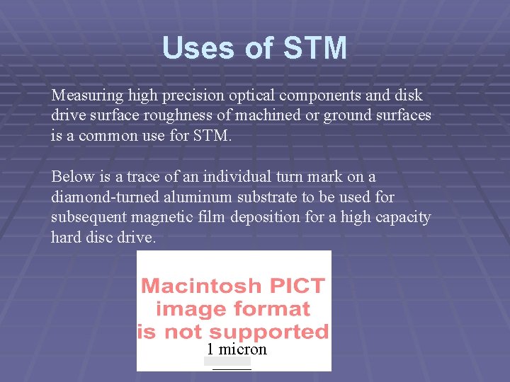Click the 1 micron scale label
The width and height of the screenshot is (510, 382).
click(x=237, y=349)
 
